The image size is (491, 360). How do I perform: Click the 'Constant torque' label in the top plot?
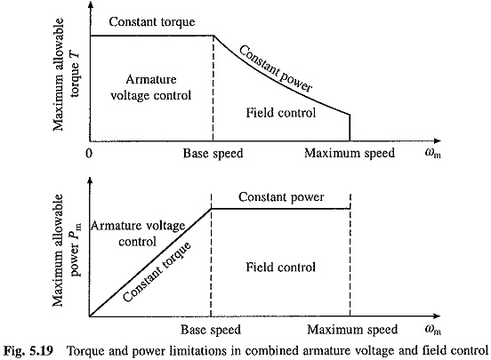(152, 22)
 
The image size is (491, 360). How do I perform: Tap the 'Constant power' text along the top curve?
(276, 69)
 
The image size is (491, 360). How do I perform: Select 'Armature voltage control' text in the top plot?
(151, 87)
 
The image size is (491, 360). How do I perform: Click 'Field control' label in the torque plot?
(280, 113)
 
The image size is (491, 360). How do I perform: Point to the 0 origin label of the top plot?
(89, 154)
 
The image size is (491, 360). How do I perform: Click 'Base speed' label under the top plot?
(213, 154)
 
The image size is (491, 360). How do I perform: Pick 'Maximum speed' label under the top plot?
(350, 153)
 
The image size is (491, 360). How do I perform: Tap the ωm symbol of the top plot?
(433, 153)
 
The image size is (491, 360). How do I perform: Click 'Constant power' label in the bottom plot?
(281, 197)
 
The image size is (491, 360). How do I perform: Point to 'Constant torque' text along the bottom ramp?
(157, 272)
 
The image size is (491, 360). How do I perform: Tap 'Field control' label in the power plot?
(280, 267)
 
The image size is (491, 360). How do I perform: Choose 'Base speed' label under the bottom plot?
(211, 330)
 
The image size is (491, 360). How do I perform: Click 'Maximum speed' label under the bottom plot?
(352, 329)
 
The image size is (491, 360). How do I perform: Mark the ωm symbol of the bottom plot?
(433, 329)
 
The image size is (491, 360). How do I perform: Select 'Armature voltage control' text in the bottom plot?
(138, 234)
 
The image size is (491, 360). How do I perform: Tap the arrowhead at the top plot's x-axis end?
(438, 140)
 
